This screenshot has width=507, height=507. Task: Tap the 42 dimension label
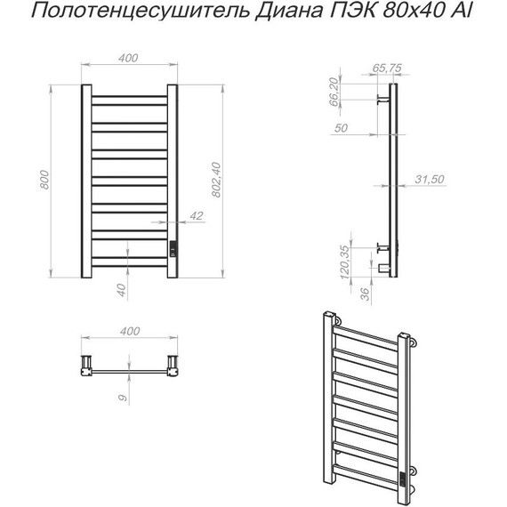point(197,216)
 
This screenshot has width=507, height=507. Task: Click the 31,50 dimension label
point(429,181)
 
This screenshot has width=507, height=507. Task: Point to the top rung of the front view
point(130,96)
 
